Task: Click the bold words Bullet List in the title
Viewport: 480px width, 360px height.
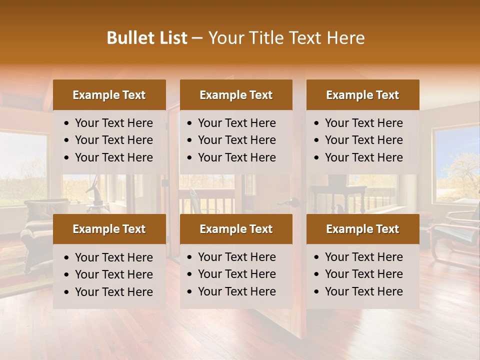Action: coord(147,38)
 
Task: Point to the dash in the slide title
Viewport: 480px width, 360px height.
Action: coord(197,38)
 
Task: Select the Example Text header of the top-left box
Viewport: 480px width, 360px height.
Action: coord(109,95)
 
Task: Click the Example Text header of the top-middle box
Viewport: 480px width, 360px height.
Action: coord(236,95)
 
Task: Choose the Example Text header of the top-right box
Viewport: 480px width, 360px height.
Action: coord(362,95)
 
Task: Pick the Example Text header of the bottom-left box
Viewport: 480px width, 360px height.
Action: coord(109,229)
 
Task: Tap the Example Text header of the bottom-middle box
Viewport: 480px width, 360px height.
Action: coord(236,229)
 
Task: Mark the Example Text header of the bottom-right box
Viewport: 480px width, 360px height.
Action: coord(362,229)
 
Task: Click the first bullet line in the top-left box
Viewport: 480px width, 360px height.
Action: coord(113,123)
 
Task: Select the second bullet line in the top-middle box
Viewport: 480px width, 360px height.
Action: coord(236,140)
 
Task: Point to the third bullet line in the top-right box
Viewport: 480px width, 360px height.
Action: coord(363,157)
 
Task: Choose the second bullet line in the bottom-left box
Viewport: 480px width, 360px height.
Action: coord(113,274)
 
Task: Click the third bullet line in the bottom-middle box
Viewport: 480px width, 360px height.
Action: coord(236,291)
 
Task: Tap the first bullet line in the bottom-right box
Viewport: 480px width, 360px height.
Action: coord(363,257)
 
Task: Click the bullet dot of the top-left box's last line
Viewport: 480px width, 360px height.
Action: coord(67,158)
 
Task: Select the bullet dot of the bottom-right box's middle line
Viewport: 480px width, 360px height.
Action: coord(317,274)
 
